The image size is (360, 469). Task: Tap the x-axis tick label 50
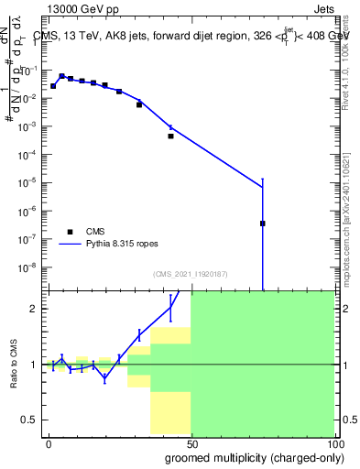pyautogui.click(x=191, y=442)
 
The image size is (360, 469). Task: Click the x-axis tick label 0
pyautogui.click(x=49, y=442)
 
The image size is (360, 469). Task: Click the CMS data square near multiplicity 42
pyautogui.click(x=170, y=136)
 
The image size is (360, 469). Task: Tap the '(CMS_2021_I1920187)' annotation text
pyautogui.click(x=190, y=274)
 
